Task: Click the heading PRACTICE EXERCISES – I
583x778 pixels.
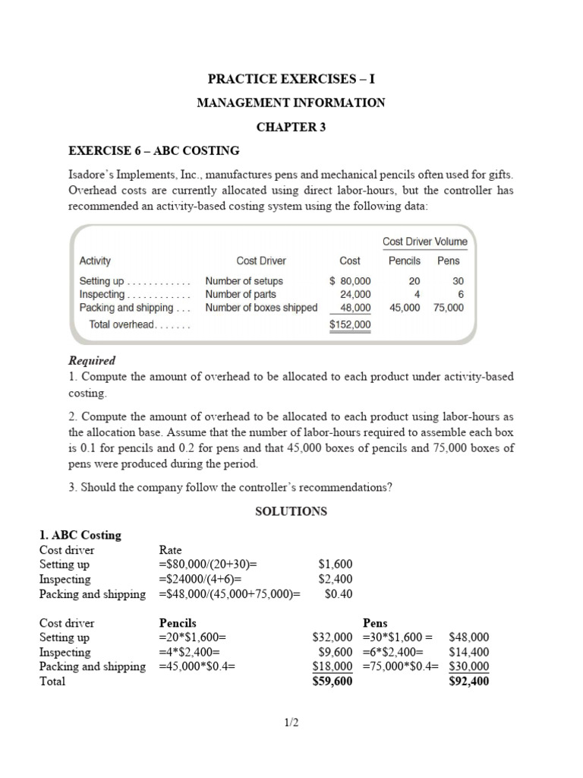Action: tap(291, 78)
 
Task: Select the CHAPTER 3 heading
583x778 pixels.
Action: tap(291, 127)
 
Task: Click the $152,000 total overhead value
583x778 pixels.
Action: tap(350, 324)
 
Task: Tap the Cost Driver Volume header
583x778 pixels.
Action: tap(424, 242)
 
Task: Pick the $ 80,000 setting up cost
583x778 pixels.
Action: tap(350, 280)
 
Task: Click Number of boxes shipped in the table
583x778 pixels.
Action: tap(261, 308)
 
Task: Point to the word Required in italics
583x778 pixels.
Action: tap(92, 361)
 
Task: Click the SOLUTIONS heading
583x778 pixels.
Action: tap(291, 511)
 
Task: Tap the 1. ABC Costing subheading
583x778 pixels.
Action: tap(80, 535)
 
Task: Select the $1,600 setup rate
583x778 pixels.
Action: tap(335, 565)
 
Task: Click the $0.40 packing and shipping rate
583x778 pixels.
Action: tap(338, 594)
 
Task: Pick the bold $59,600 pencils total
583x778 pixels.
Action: tap(332, 682)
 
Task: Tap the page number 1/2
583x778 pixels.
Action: tap(291, 723)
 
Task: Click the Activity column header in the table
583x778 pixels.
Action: tap(95, 261)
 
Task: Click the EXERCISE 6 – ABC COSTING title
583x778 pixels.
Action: tap(154, 150)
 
